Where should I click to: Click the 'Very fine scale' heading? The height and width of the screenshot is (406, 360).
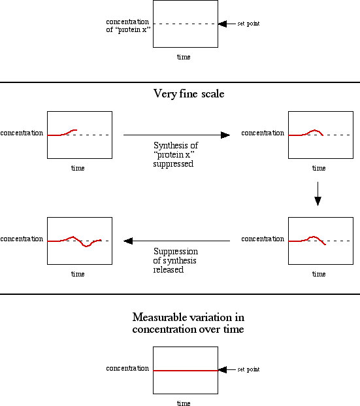point(189,93)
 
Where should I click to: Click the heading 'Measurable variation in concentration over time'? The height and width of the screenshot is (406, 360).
point(188,323)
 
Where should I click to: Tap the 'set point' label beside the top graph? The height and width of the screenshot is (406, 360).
point(248,24)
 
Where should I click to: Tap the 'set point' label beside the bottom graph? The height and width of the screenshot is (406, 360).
point(248,369)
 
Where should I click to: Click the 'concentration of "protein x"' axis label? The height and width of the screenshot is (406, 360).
point(128,25)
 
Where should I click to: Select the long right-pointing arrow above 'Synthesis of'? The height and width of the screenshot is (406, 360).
point(176,135)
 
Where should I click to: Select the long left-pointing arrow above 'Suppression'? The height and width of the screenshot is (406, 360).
point(176,241)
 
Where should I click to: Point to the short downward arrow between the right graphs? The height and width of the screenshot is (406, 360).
point(318,194)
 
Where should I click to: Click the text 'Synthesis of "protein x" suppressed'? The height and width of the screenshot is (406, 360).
point(176,154)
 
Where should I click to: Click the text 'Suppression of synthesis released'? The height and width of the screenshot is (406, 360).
point(176,260)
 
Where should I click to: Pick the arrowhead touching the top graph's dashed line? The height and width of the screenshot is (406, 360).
point(223,24)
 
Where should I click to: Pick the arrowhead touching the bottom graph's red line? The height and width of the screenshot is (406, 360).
point(223,370)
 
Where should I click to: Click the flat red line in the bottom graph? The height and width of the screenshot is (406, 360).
point(186,371)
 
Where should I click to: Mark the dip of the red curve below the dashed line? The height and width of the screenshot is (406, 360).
point(86,246)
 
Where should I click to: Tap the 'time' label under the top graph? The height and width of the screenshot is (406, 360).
point(184,57)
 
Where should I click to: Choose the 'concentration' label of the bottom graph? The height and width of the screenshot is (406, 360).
point(127,368)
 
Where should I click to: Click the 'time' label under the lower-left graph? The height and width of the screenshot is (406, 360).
point(78,274)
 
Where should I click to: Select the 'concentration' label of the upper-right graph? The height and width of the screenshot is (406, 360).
point(263,133)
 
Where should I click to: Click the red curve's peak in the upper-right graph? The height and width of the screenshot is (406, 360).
point(314,130)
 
